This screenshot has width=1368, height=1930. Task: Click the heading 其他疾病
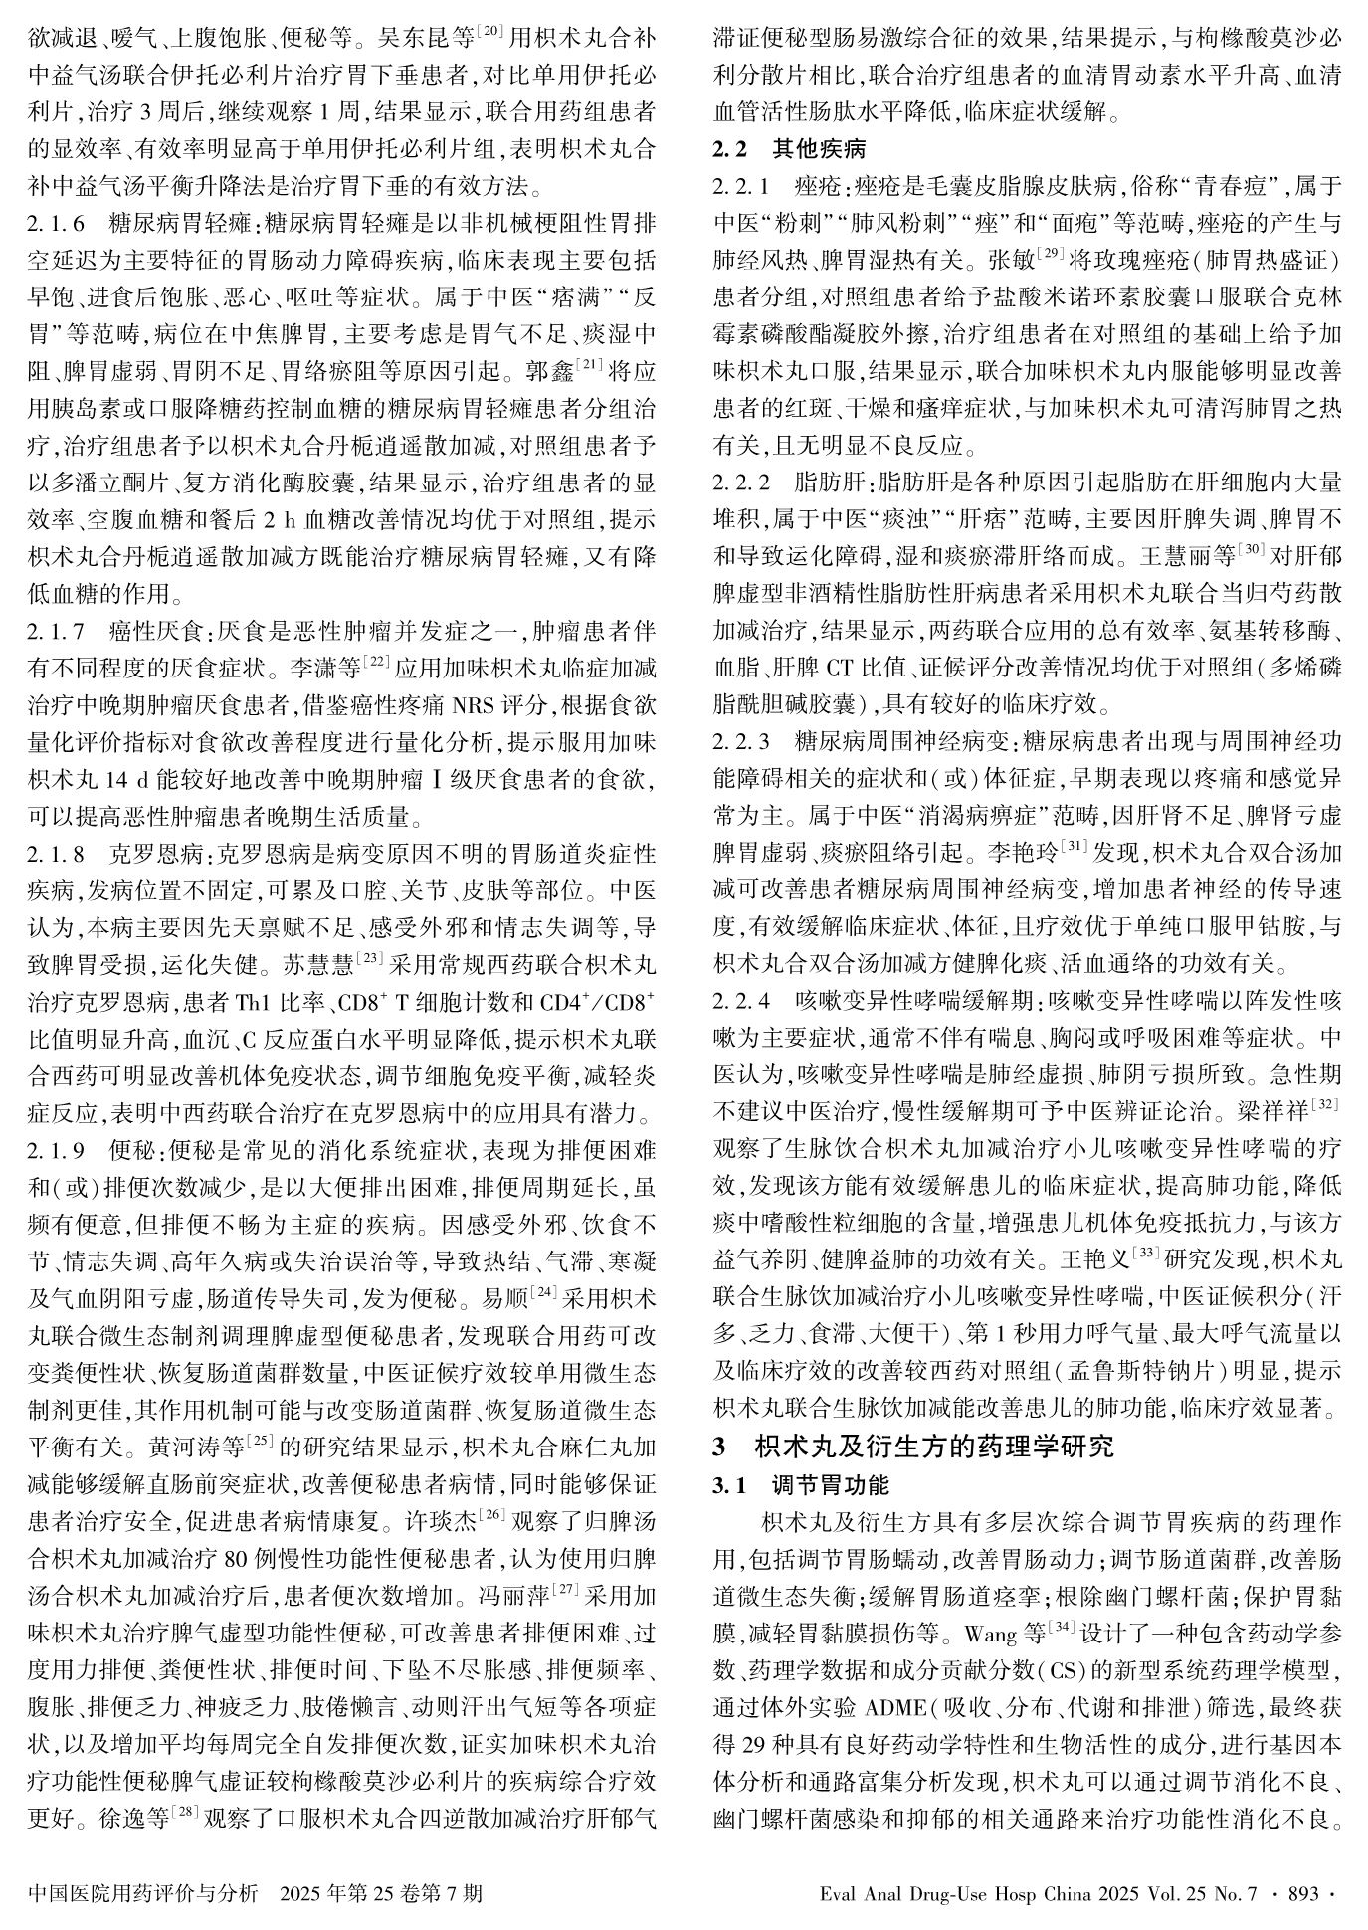click(819, 150)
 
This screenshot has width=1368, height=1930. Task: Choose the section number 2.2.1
click(742, 186)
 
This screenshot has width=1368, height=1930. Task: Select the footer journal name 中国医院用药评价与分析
click(143, 1894)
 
